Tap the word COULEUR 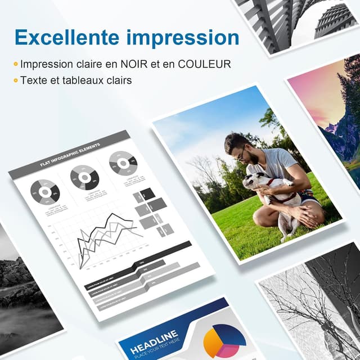(204, 65)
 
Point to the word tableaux (80, 80)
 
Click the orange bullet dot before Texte (16, 80)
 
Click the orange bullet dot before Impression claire (16, 65)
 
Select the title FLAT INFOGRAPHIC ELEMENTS (70, 155)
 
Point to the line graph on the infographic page (107, 236)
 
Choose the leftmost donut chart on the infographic (44, 192)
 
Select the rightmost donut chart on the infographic (122, 163)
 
